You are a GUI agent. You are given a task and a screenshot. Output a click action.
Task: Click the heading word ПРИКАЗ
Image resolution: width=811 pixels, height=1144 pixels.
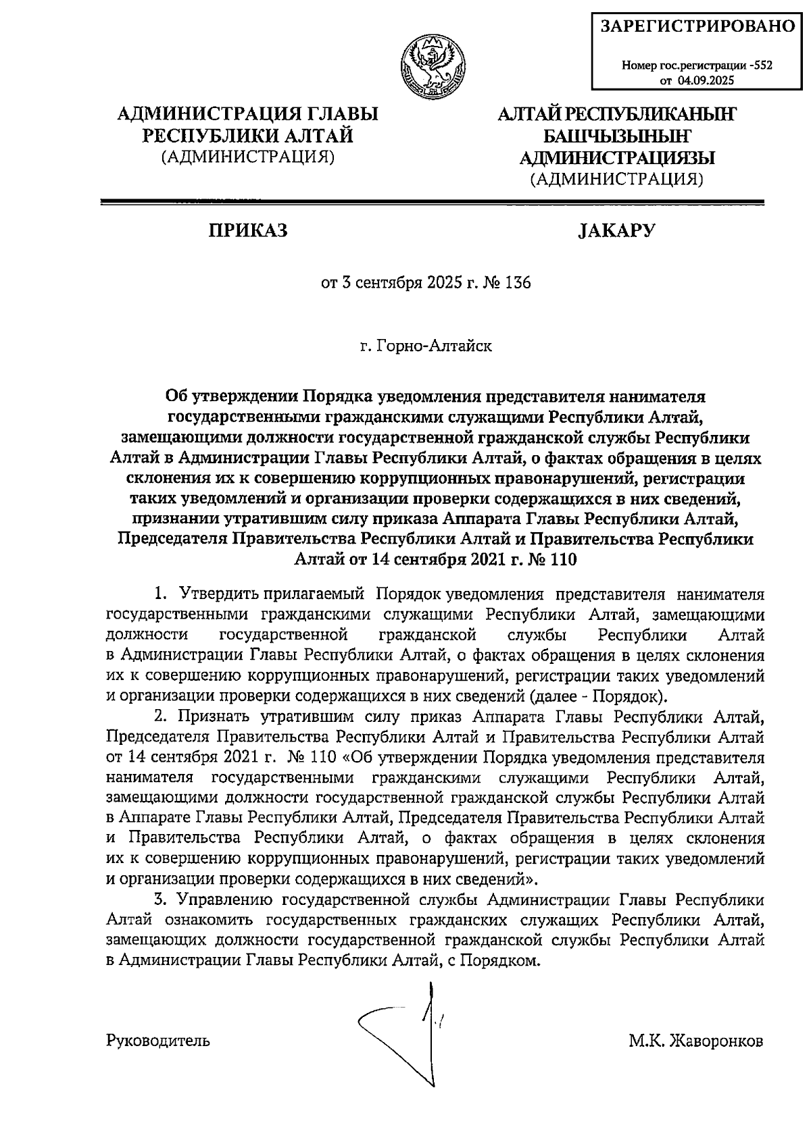248,231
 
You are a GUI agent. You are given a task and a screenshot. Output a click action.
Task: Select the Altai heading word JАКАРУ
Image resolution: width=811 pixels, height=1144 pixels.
616,231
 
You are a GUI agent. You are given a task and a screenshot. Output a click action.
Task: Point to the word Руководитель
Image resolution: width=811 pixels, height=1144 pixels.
158,1041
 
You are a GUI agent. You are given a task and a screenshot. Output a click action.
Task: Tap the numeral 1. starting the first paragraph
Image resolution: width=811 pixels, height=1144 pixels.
161,594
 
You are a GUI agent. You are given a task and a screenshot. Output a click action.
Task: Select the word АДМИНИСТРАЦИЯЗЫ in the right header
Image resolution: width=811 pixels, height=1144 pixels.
616,157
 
